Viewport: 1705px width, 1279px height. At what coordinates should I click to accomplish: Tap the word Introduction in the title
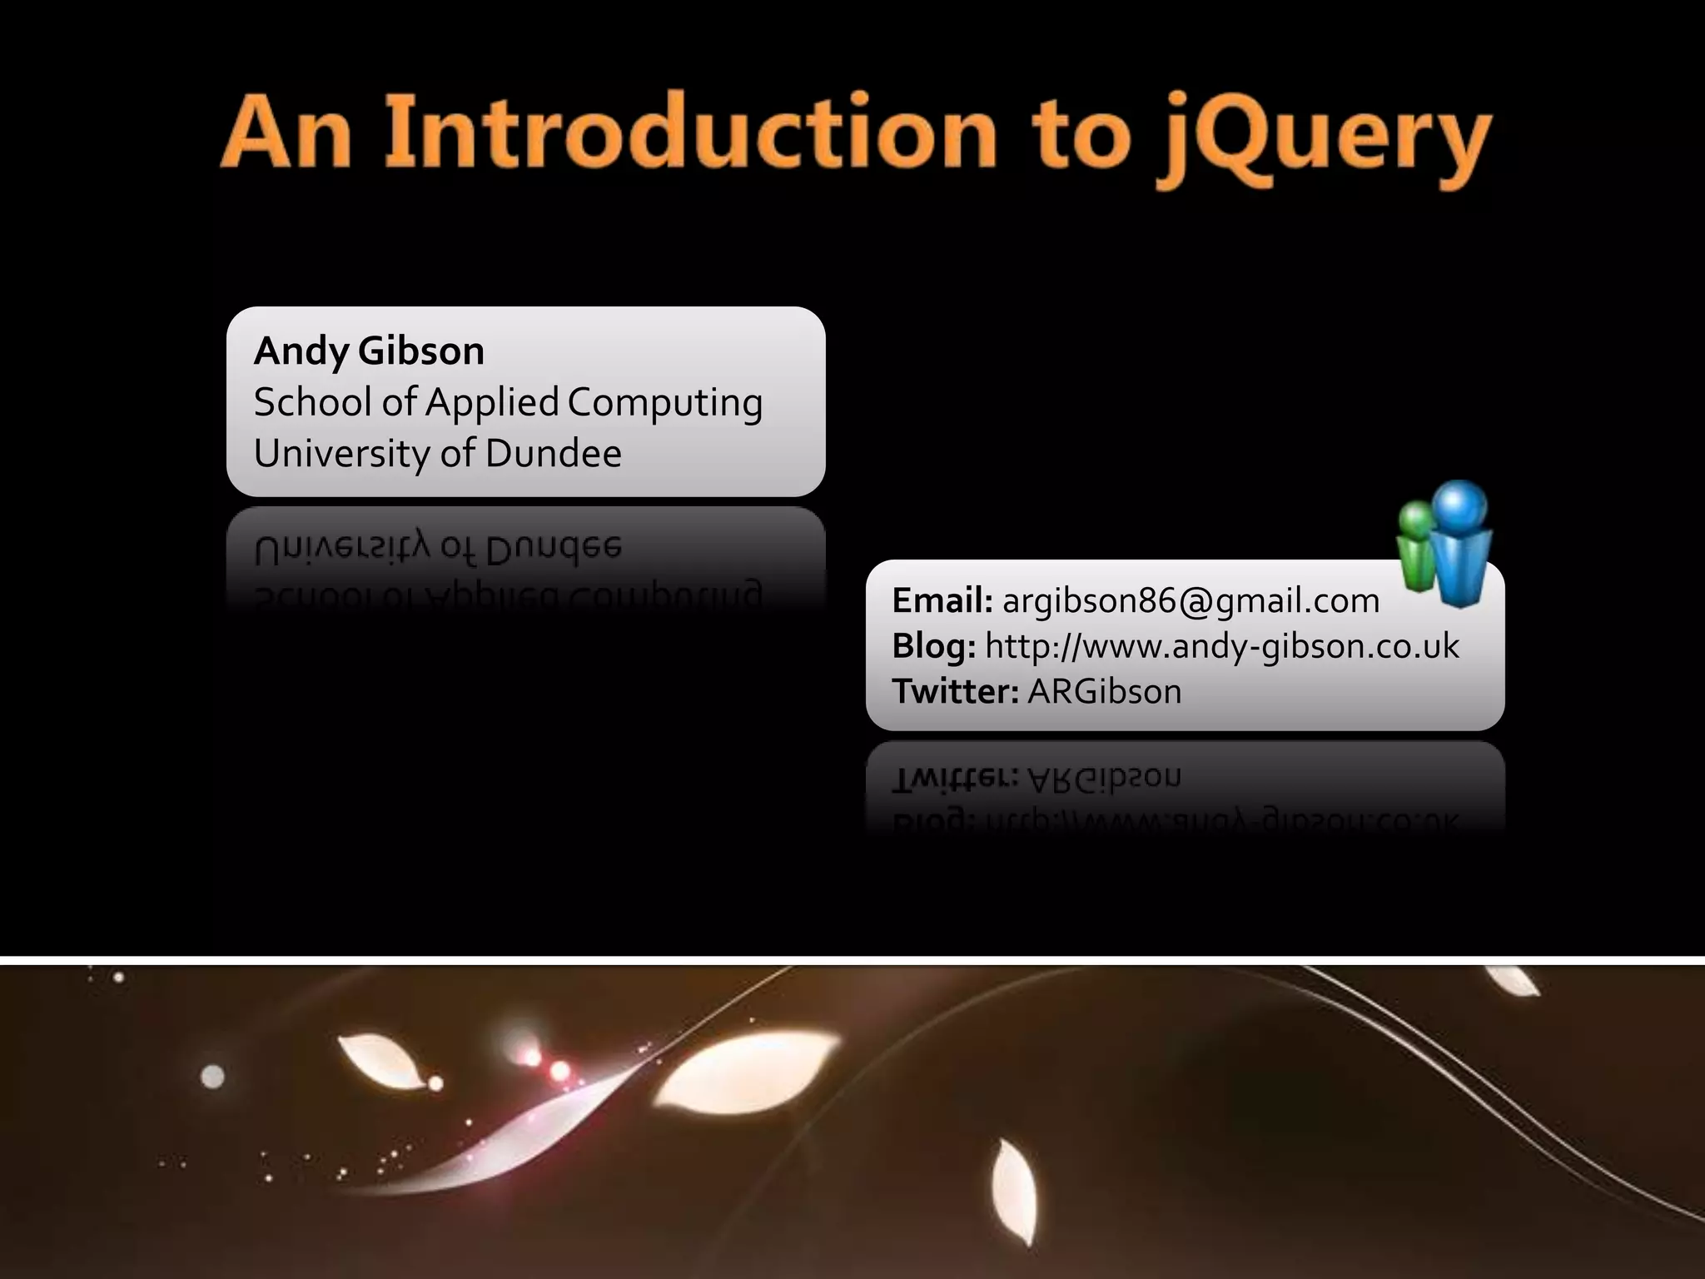[690, 133]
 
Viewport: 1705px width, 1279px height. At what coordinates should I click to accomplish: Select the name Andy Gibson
[369, 351]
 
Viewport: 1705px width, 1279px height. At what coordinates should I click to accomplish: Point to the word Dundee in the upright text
[553, 454]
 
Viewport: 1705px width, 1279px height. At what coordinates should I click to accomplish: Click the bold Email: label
[942, 600]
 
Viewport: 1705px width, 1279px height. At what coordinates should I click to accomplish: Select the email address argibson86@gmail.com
[1191, 600]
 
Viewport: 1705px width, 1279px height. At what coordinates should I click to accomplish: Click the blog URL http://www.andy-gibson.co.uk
[1221, 646]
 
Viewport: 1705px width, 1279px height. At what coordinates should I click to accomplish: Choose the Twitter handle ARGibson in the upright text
[1105, 691]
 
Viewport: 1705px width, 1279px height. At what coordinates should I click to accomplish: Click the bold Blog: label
[933, 646]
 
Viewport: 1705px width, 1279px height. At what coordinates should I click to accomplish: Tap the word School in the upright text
[312, 403]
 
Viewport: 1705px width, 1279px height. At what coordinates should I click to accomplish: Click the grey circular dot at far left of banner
[213, 1077]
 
